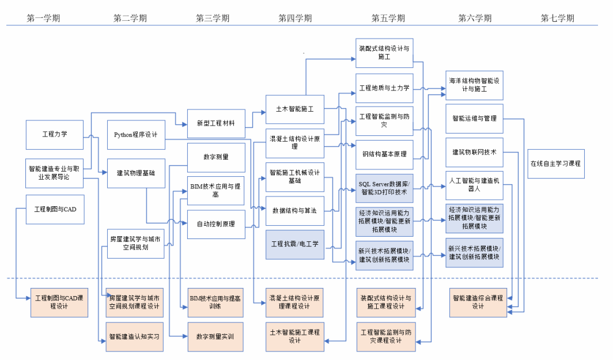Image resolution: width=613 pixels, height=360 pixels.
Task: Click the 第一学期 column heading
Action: (x=43, y=18)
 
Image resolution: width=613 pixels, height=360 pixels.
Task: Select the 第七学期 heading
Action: (x=557, y=18)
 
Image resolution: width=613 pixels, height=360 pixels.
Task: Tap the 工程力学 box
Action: (x=55, y=135)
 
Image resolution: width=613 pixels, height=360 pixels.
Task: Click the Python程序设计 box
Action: (x=136, y=135)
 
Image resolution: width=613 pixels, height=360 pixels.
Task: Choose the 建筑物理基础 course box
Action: (x=136, y=173)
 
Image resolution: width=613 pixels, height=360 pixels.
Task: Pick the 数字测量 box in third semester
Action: (x=216, y=157)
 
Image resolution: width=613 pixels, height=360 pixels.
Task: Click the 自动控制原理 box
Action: (x=216, y=224)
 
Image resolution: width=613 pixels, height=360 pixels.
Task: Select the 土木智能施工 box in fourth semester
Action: (x=294, y=108)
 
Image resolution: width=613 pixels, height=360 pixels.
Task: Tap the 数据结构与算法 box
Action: (x=294, y=211)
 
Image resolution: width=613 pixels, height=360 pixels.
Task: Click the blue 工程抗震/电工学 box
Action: (x=294, y=244)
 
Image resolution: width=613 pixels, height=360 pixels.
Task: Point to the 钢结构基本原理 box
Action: (x=384, y=154)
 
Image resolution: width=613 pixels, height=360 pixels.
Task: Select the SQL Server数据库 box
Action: (x=384, y=188)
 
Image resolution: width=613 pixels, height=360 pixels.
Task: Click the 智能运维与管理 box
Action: (x=474, y=119)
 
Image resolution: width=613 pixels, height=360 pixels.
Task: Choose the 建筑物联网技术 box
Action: (x=474, y=152)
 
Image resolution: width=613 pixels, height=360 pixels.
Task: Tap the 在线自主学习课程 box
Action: (x=556, y=163)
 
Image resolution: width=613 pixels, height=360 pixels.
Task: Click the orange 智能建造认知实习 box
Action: (x=134, y=336)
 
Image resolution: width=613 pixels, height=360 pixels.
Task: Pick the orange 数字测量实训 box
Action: (x=215, y=336)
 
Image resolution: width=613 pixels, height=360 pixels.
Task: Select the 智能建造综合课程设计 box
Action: (x=478, y=302)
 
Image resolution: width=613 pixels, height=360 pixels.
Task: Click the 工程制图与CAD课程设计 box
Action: (x=59, y=302)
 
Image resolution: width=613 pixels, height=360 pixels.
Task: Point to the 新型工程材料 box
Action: (x=216, y=123)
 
